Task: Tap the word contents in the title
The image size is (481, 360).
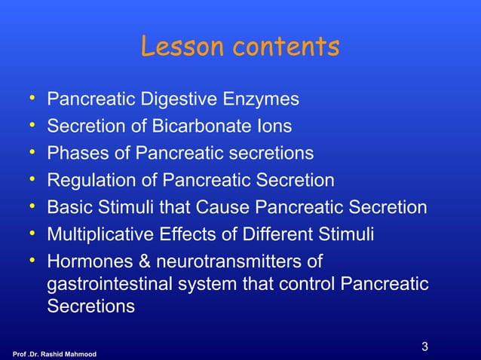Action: coord(286,47)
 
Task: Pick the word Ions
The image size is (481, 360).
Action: coord(274,127)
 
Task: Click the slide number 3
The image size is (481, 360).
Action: coord(425,347)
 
